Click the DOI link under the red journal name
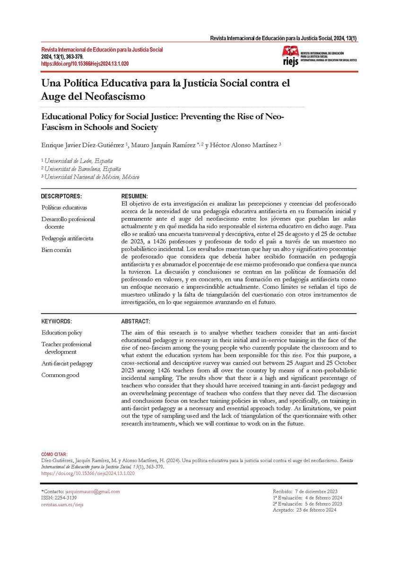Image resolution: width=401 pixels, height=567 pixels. [x=86, y=63]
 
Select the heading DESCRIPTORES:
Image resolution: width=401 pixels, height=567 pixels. [x=61, y=196]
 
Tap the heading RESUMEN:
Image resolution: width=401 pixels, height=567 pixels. [x=135, y=196]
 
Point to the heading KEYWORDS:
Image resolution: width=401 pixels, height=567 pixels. [x=57, y=321]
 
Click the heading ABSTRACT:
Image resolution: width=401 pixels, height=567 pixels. [x=136, y=321]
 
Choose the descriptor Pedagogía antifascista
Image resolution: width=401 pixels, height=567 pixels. [x=67, y=238]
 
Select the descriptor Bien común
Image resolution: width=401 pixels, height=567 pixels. [x=56, y=250]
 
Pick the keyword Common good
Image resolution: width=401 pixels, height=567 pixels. [x=60, y=375]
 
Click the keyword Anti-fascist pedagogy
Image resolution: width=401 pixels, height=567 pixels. [x=67, y=363]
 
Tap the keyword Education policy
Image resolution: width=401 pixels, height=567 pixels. [x=61, y=333]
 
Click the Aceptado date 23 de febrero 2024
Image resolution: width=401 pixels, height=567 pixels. [x=316, y=510]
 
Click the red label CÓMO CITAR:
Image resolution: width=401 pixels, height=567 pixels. [x=54, y=454]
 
